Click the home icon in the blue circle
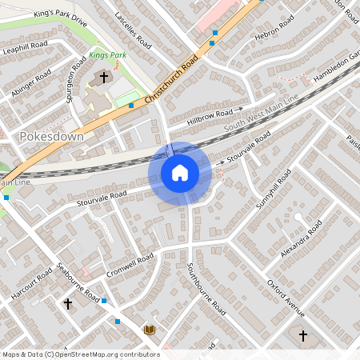pos(180,173)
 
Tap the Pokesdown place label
pos(49,137)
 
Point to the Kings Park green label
pos(108,55)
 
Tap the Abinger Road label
pos(33,84)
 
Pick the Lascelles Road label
pos(133,30)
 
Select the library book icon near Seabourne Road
pos(149,330)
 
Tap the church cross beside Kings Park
pos(104,78)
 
